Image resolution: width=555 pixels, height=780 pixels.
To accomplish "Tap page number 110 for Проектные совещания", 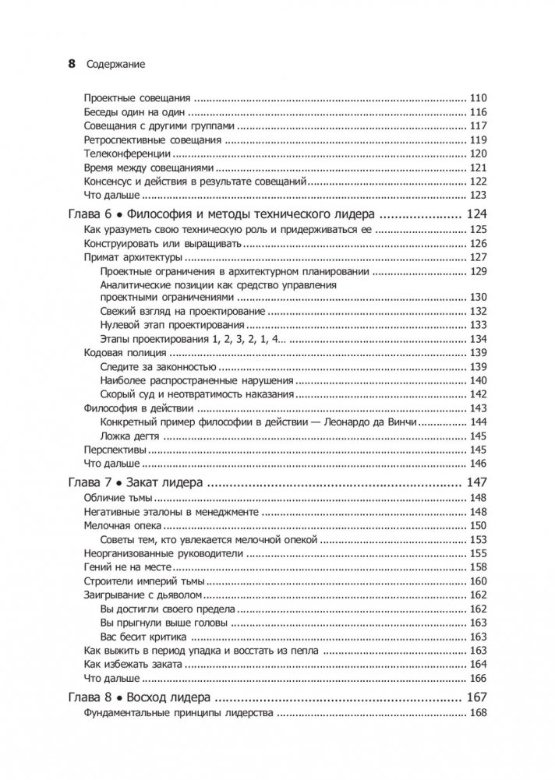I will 478,99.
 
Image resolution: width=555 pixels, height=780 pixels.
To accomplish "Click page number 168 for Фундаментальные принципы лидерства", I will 478,713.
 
